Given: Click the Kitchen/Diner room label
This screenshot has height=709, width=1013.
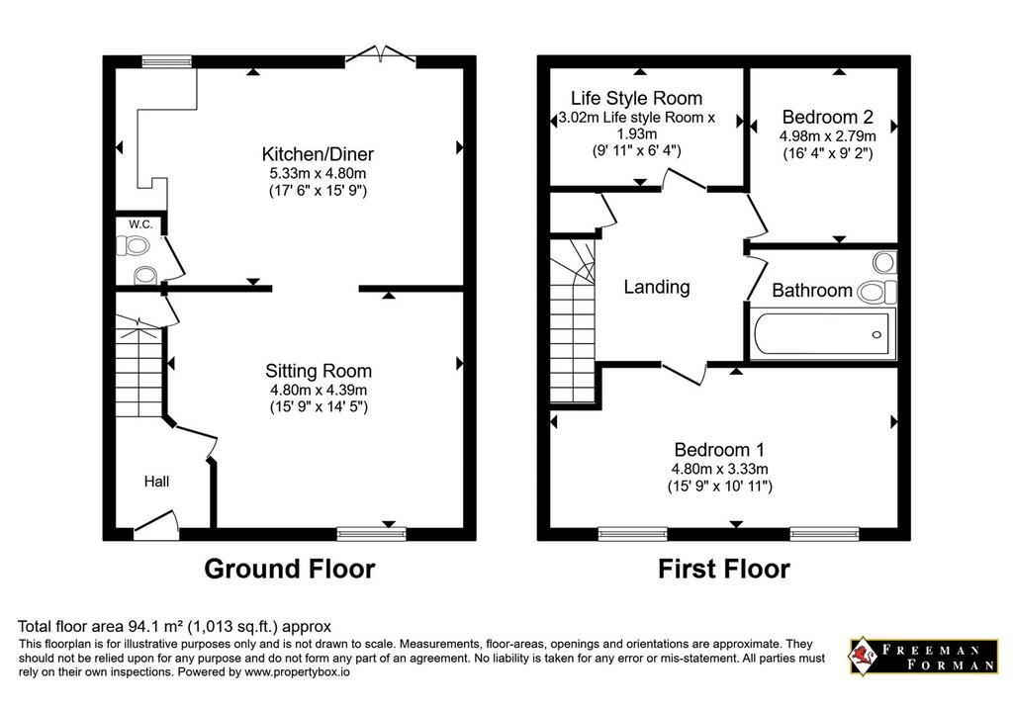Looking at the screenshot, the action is click(x=318, y=154).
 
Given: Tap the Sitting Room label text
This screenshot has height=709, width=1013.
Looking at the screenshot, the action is click(x=319, y=371).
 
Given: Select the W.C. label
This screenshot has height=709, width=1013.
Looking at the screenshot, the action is click(x=140, y=224).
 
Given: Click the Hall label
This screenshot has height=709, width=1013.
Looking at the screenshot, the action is click(x=157, y=482).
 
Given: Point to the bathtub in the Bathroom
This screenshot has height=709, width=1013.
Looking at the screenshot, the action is click(x=822, y=333).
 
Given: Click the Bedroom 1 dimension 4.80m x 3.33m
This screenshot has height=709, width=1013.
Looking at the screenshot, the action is click(x=720, y=470).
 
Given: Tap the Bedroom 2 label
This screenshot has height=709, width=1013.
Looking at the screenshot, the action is click(x=828, y=117).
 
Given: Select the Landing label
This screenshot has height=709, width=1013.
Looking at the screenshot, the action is click(x=657, y=287).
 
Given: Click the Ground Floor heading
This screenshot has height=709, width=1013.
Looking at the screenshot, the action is click(x=290, y=569).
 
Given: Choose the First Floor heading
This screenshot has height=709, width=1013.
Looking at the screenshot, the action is click(x=724, y=569).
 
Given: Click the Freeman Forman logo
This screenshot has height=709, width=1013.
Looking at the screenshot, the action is click(x=923, y=657).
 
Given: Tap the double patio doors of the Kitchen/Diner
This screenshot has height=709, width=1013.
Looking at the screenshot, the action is click(x=381, y=55).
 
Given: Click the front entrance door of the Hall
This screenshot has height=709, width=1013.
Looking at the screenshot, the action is click(x=156, y=524).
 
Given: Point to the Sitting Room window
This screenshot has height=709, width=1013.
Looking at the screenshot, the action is click(x=372, y=533).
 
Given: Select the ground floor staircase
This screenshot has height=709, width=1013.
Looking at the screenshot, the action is click(x=138, y=366).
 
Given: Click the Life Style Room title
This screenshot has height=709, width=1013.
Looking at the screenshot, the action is click(x=636, y=98).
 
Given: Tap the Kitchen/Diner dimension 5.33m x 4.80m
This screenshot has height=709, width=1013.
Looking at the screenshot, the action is click(x=318, y=173).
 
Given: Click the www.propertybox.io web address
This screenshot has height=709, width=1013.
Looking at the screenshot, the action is click(x=297, y=672).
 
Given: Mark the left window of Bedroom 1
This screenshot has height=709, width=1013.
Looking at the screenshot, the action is click(x=632, y=533).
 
